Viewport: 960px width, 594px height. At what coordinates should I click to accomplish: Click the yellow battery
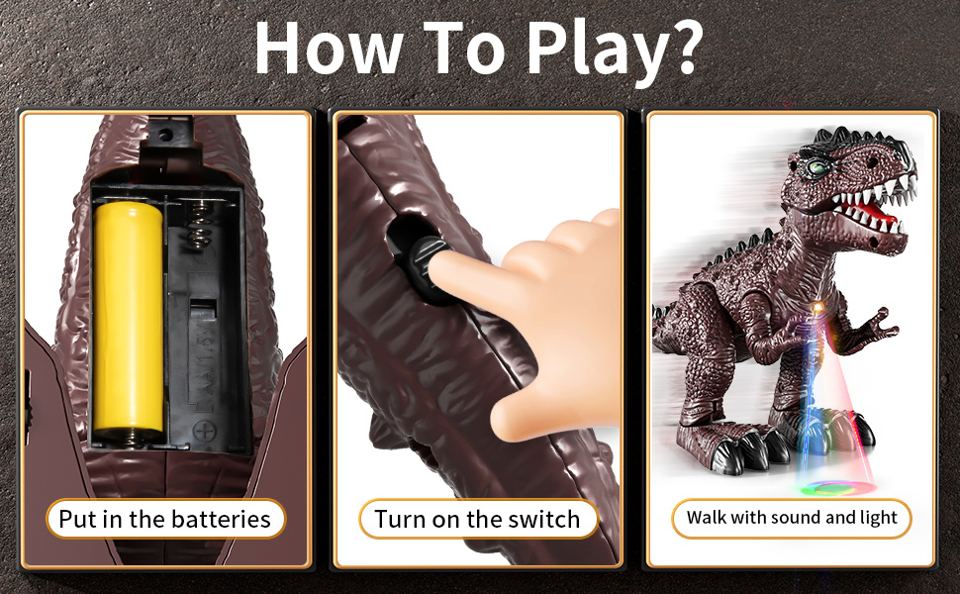128,319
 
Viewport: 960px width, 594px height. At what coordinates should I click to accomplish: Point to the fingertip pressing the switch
445,270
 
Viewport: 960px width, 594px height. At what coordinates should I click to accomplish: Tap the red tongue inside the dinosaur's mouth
877,213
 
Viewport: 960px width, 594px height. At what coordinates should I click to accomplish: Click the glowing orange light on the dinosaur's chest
816,306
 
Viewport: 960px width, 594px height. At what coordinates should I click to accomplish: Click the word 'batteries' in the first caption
221,520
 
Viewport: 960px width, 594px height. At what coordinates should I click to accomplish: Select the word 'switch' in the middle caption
544,520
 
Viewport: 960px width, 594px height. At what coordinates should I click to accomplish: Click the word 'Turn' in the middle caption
401,520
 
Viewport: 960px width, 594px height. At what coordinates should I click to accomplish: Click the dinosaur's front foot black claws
748,451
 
